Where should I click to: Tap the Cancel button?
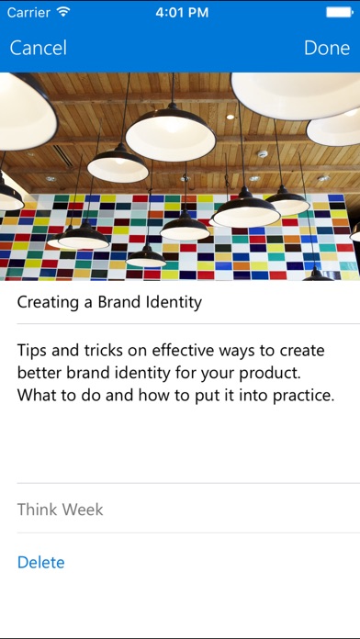[x=39, y=48]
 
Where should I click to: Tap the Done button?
[x=327, y=48]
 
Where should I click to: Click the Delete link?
[x=40, y=562]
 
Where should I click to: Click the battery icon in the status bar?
[x=339, y=12]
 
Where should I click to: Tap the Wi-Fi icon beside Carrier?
[x=63, y=12]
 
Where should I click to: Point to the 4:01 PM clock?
[x=182, y=12]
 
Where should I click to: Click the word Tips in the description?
[x=31, y=351]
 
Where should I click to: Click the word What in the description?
[x=36, y=396]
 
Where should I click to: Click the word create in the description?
[x=302, y=351]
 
